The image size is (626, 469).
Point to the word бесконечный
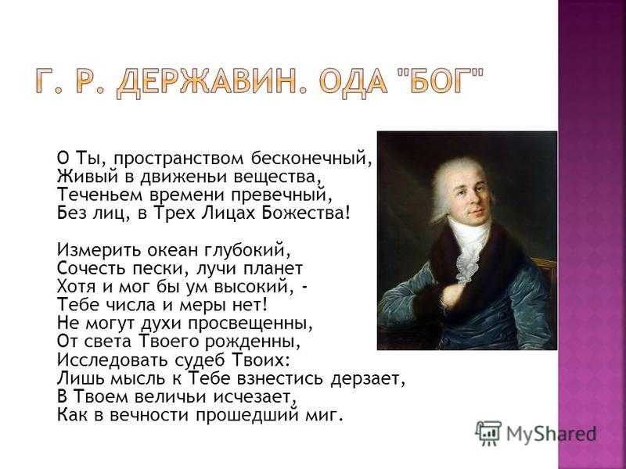tap(311, 158)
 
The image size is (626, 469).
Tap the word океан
tap(173, 250)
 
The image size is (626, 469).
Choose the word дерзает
tap(368, 379)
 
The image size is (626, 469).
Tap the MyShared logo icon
tap(488, 433)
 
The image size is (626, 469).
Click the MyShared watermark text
tap(552, 433)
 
